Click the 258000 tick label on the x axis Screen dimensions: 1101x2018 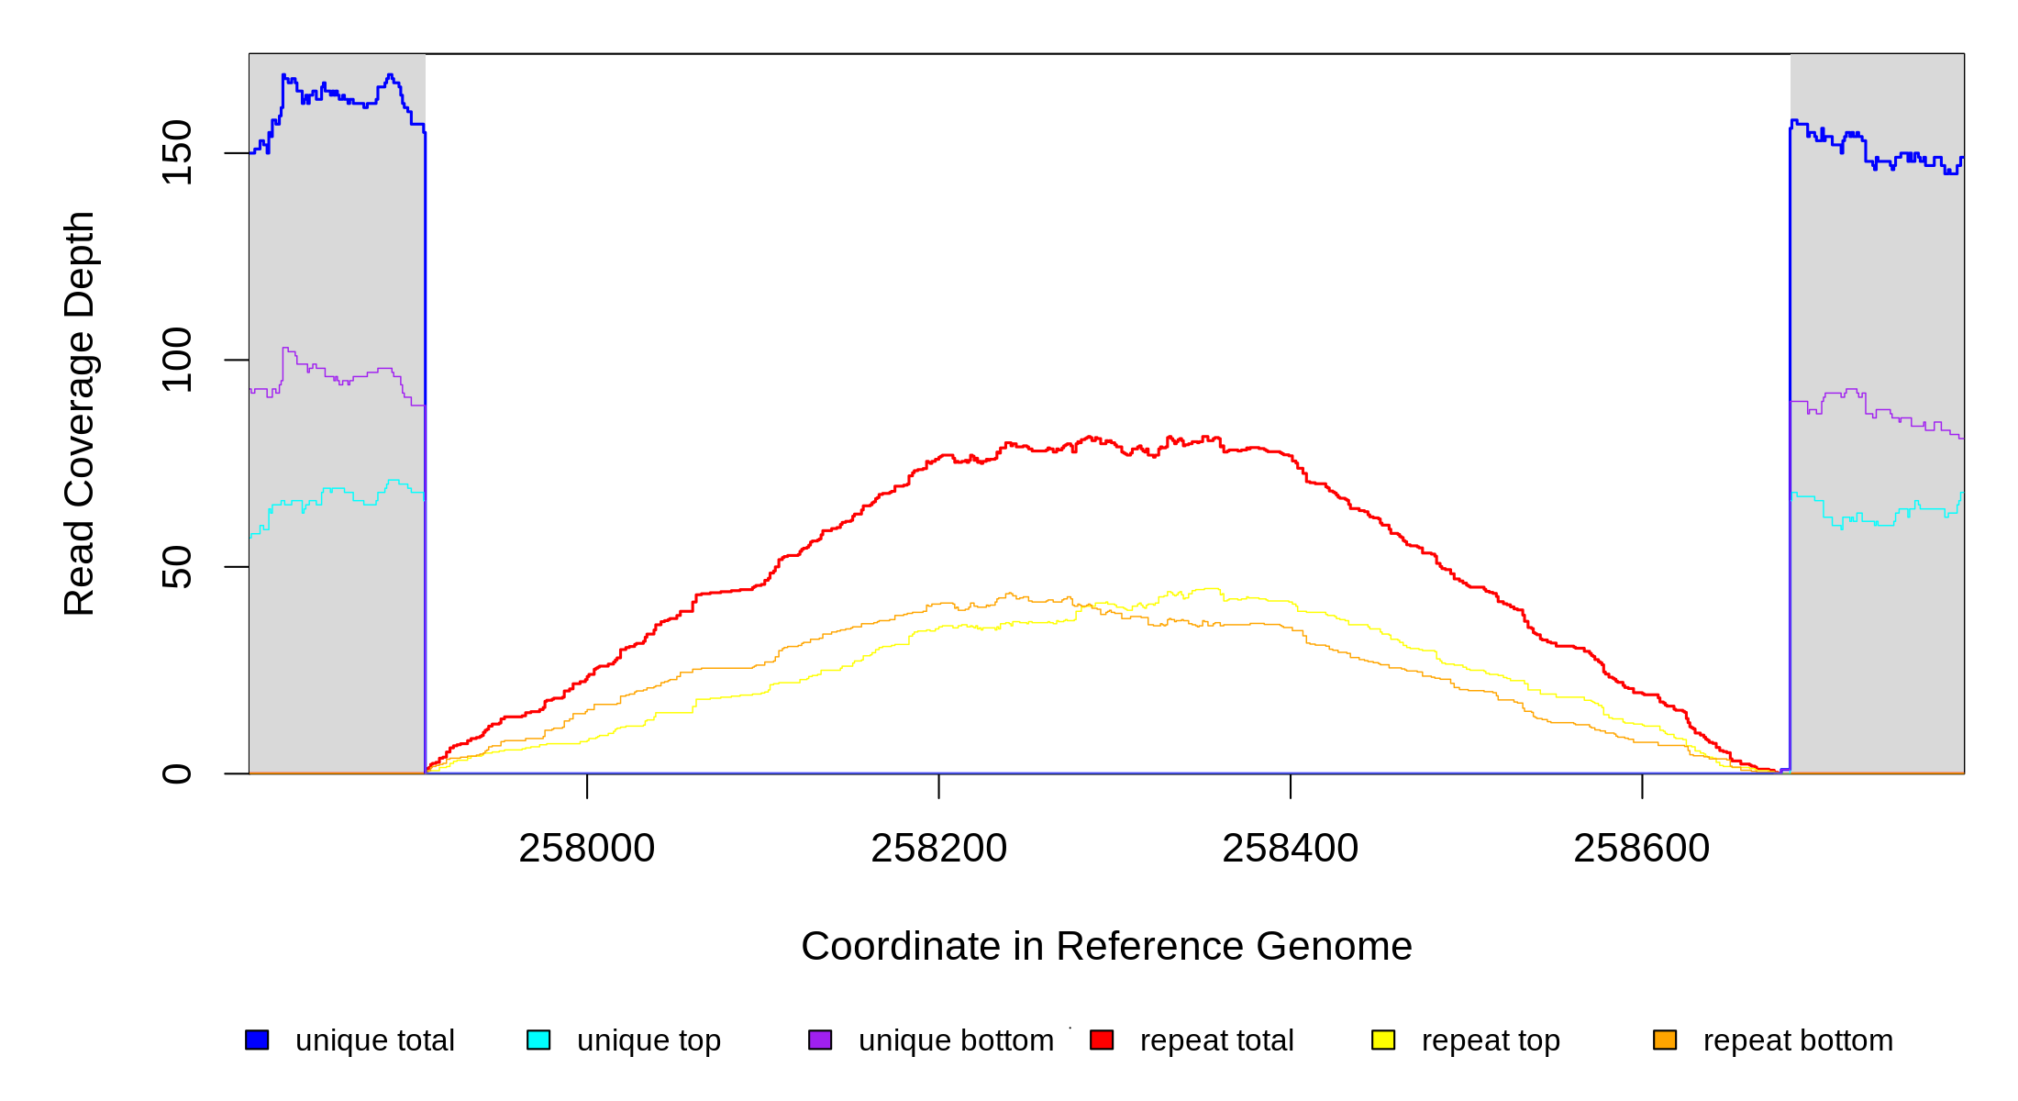pos(586,849)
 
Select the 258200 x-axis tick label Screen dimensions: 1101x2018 pos(938,849)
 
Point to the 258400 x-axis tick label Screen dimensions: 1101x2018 pos(1290,849)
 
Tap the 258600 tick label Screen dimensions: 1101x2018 pos(1641,849)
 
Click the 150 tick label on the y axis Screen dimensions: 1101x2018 pos(177,152)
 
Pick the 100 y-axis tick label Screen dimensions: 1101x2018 pos(177,360)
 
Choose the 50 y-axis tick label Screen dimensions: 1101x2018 pos(177,567)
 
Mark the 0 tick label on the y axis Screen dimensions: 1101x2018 pos(177,773)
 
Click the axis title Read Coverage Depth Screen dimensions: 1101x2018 pos(80,414)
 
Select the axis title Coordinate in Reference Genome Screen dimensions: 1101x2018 pos(1106,947)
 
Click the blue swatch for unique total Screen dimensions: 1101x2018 pos(257,1040)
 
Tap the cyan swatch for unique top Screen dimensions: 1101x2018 pos(538,1040)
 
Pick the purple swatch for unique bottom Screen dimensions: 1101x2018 pos(820,1040)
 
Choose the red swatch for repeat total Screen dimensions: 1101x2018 pos(1102,1040)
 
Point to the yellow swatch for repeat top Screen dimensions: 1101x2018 pos(1383,1040)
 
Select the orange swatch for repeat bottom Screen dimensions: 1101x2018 pos(1665,1040)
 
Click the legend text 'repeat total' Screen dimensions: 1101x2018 pos(1216,1040)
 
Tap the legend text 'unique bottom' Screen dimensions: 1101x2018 pos(956,1040)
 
